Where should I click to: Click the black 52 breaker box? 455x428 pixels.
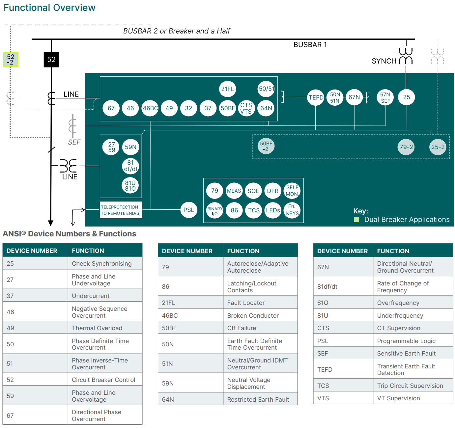[x=51, y=60]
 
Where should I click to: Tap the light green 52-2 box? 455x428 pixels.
[x=11, y=60]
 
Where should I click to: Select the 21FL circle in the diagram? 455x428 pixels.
[x=227, y=89]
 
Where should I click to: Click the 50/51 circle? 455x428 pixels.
[x=266, y=89]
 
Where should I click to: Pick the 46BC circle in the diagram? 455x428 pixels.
[x=150, y=108]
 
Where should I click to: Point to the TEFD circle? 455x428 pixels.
[x=316, y=97]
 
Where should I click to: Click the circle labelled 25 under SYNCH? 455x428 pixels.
[x=406, y=97]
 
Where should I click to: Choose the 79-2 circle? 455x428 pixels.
[x=406, y=147]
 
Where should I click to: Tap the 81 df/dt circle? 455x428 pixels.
[x=130, y=166]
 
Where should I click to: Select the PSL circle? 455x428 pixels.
[x=188, y=210]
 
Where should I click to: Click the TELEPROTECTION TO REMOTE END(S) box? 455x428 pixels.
[x=121, y=210]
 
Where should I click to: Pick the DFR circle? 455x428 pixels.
[x=272, y=191]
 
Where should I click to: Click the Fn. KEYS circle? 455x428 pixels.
[x=292, y=210]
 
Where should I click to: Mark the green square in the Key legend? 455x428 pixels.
[x=356, y=220]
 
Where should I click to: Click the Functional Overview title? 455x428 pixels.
[x=49, y=8]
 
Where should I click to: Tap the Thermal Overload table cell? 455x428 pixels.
[x=105, y=328]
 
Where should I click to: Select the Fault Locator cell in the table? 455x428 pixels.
[x=260, y=303]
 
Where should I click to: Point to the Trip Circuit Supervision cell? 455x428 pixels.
[x=413, y=386]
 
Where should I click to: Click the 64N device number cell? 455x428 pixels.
[x=190, y=399]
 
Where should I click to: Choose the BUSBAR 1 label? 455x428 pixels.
[x=310, y=45]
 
